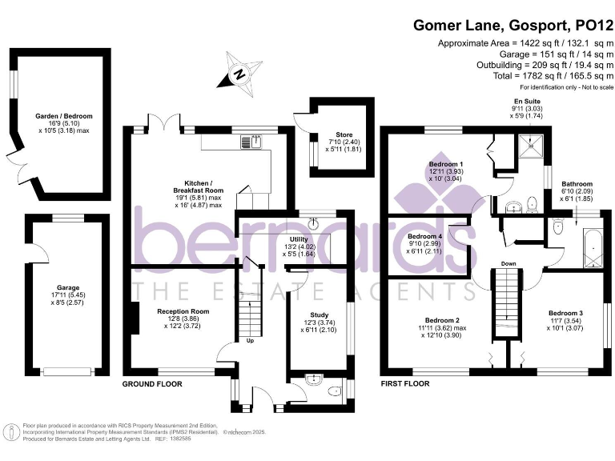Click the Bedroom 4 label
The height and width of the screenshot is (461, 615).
(x=424, y=237)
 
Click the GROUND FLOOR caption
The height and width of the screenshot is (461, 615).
(x=152, y=384)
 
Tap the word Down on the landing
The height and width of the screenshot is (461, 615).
(x=508, y=263)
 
